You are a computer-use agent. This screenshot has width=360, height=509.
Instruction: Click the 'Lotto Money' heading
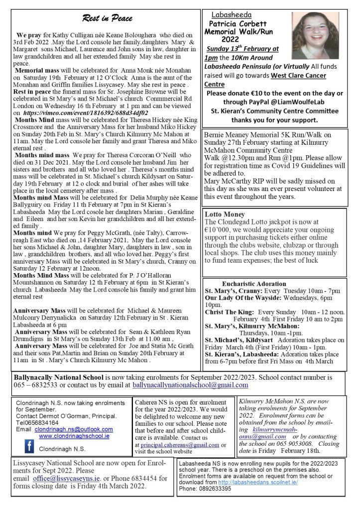[224, 214]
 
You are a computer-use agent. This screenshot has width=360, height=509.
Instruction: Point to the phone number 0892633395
[212, 488]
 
